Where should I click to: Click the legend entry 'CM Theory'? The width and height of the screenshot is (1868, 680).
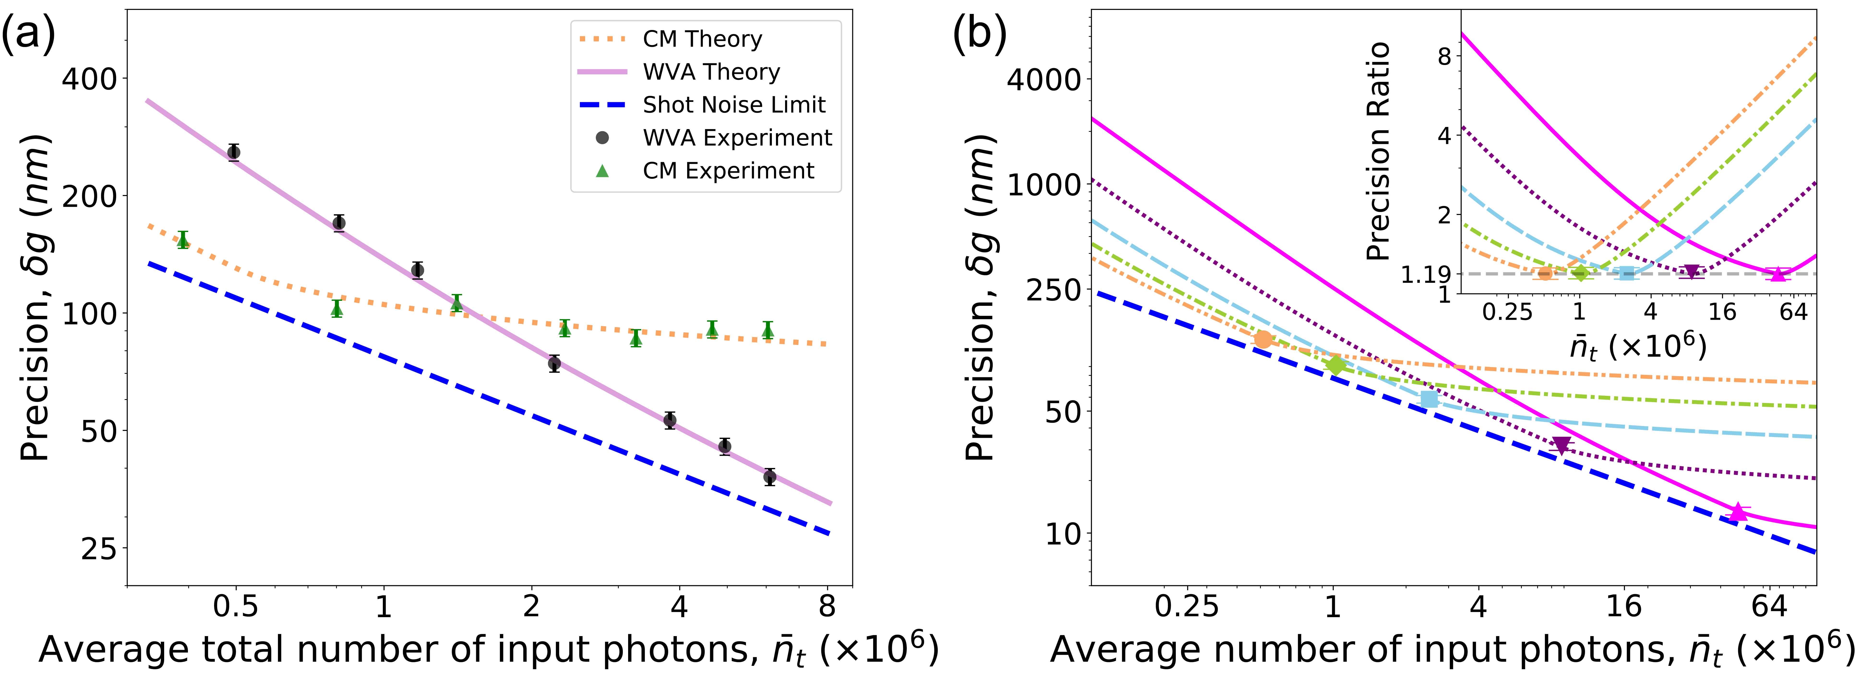pos(702,39)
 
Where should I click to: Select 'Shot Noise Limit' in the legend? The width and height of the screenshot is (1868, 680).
pos(734,105)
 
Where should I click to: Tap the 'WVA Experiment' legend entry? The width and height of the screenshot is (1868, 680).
pos(737,138)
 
